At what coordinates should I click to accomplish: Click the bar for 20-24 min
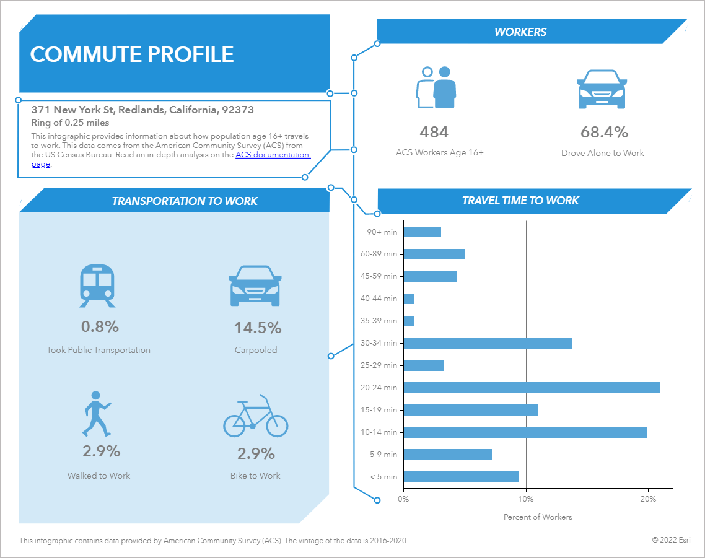tap(532, 388)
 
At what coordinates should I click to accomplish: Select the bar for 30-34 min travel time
tap(488, 343)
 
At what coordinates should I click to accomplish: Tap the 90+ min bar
tap(422, 232)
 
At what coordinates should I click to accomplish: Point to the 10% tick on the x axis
tap(525, 499)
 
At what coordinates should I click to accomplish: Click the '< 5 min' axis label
tap(383, 477)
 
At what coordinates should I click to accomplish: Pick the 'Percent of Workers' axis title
tap(537, 517)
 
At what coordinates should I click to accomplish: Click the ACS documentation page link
tap(272, 155)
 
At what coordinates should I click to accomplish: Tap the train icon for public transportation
tap(97, 286)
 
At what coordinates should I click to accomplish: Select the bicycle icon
tap(255, 416)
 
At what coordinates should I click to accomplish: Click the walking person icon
tap(96, 414)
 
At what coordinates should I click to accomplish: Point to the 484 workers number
tap(434, 132)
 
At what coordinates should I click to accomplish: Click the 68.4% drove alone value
tap(603, 132)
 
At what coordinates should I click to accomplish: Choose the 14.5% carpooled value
tap(257, 328)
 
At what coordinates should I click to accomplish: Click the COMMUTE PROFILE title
tap(132, 54)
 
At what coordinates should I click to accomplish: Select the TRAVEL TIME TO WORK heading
tap(520, 201)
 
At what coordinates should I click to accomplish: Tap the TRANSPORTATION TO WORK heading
tap(185, 201)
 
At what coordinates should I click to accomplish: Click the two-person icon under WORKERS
tap(436, 87)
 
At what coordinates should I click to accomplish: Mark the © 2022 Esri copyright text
tap(671, 540)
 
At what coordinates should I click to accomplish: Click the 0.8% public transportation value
tap(100, 327)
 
